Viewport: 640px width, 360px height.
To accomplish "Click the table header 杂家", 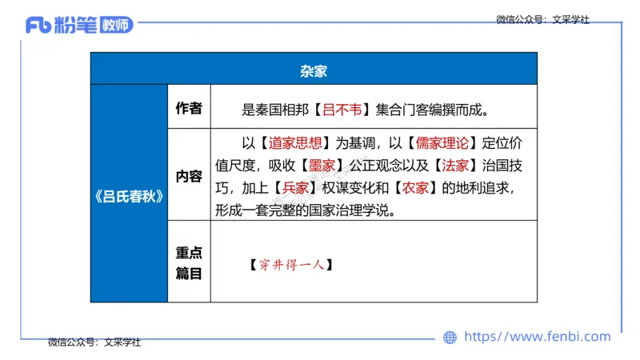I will pos(314,70).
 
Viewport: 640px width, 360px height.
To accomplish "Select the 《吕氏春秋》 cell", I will pos(129,198).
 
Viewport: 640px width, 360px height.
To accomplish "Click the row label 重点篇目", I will pos(189,262).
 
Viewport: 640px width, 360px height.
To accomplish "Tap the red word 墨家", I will pos(326,166).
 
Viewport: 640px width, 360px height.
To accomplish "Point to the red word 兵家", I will pos(294,189).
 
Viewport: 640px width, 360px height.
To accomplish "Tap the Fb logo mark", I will pos(39,25).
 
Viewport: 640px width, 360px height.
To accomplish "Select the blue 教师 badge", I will pos(117,25).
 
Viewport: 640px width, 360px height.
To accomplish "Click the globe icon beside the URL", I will pos(450,338).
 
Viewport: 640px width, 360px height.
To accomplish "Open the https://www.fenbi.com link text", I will pos(537,337).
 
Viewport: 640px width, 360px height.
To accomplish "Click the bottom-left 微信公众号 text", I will pos(94,342).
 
